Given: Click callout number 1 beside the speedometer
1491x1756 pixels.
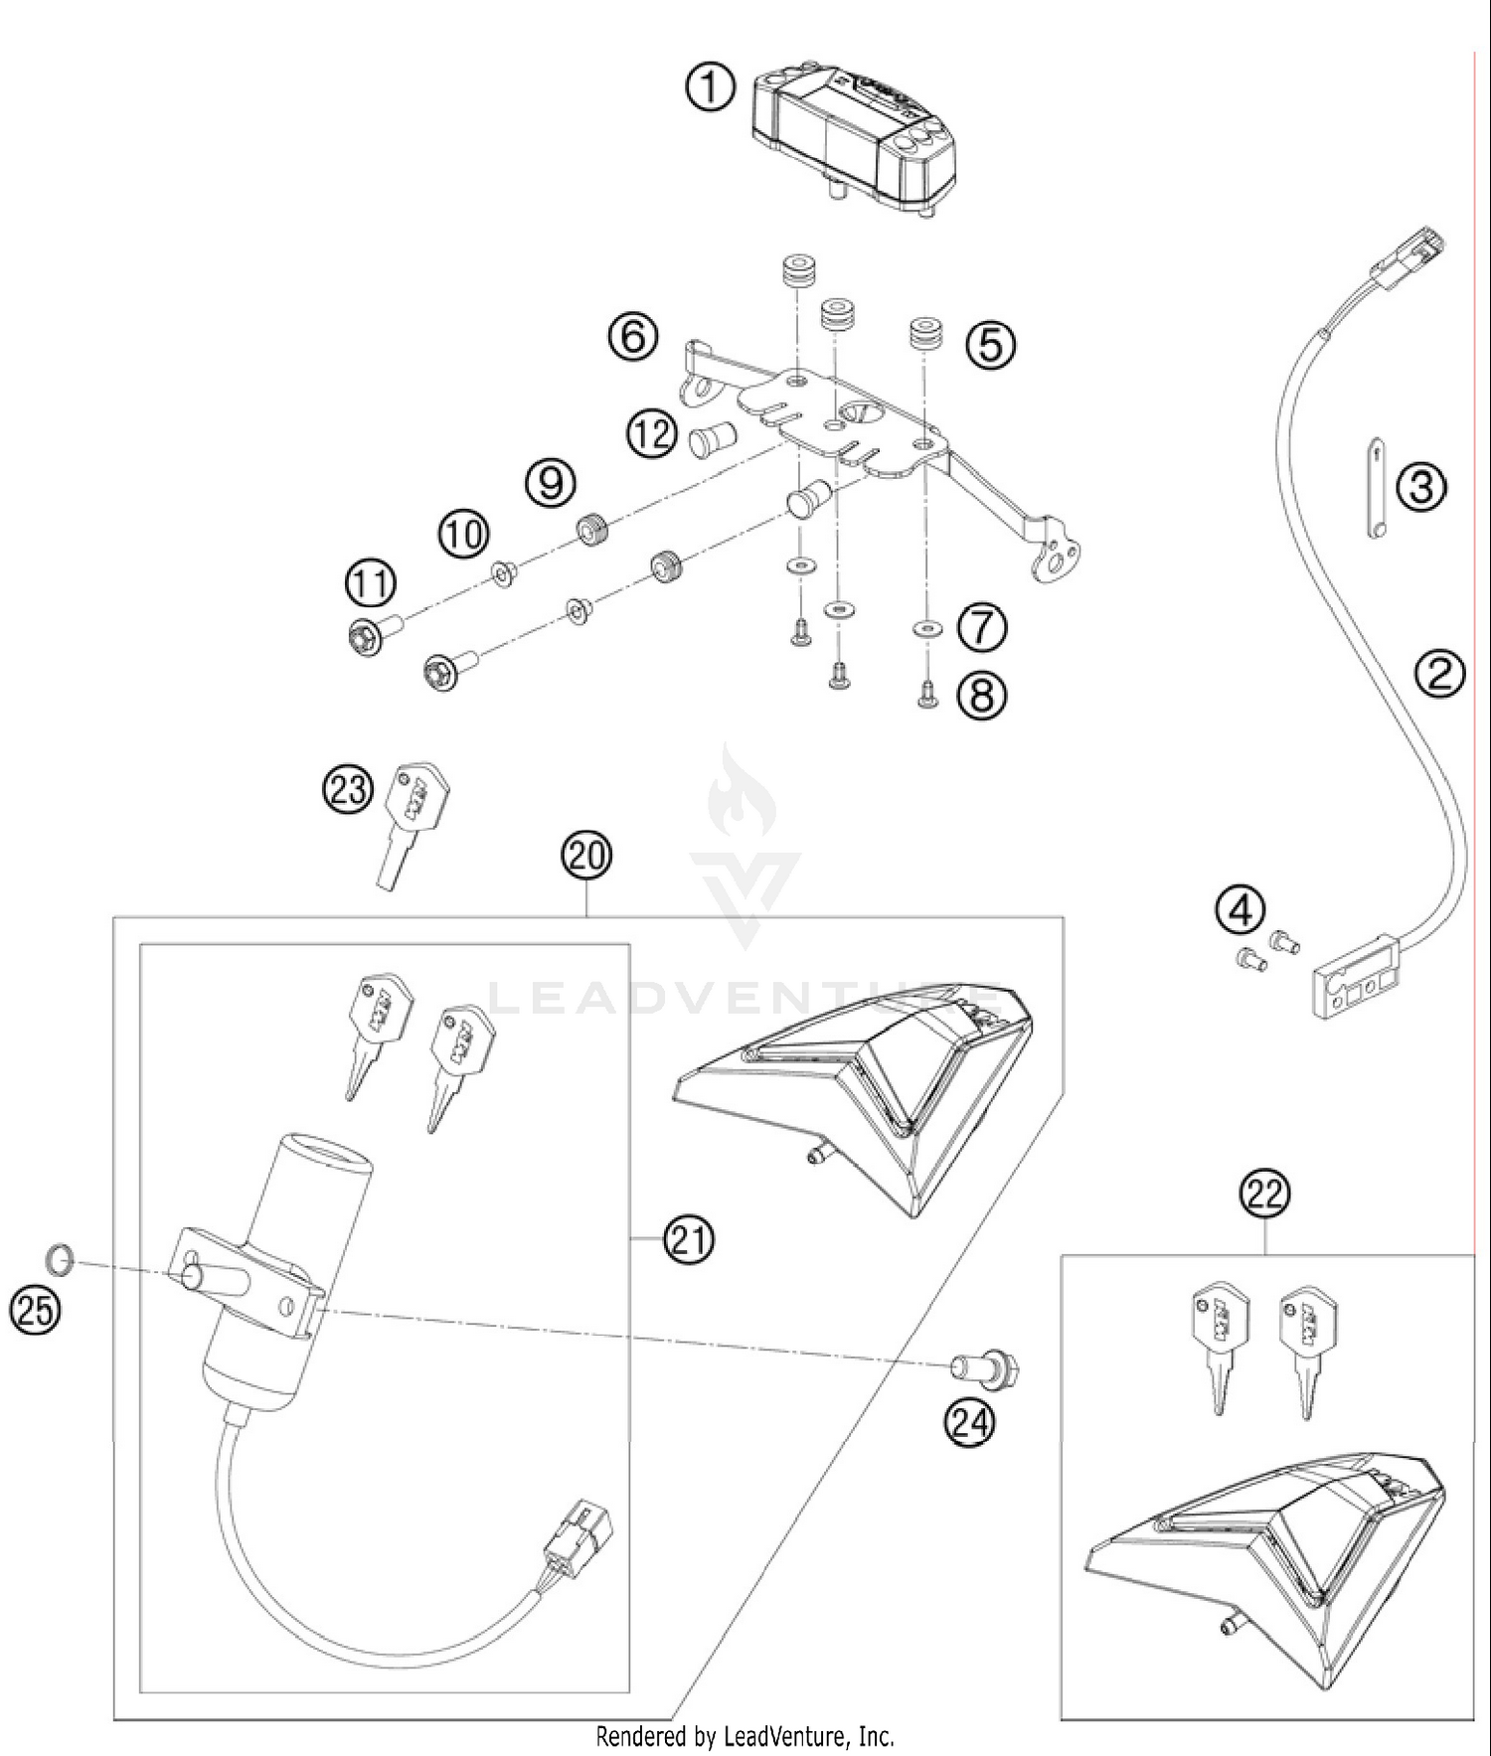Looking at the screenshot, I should (x=711, y=88).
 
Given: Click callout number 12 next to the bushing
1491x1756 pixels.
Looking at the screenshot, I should (x=652, y=434).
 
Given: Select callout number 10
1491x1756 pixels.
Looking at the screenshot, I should (x=464, y=534).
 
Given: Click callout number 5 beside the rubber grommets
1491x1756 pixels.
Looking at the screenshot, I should (x=991, y=345).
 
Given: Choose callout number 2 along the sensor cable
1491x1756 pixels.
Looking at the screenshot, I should (x=1440, y=674).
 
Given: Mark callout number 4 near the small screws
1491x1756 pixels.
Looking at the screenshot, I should (x=1241, y=910).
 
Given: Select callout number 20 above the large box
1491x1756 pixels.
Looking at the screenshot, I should (x=586, y=855).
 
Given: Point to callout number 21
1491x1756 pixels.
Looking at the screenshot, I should (x=690, y=1240).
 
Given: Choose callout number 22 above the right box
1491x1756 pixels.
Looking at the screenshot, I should (x=1264, y=1194).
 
